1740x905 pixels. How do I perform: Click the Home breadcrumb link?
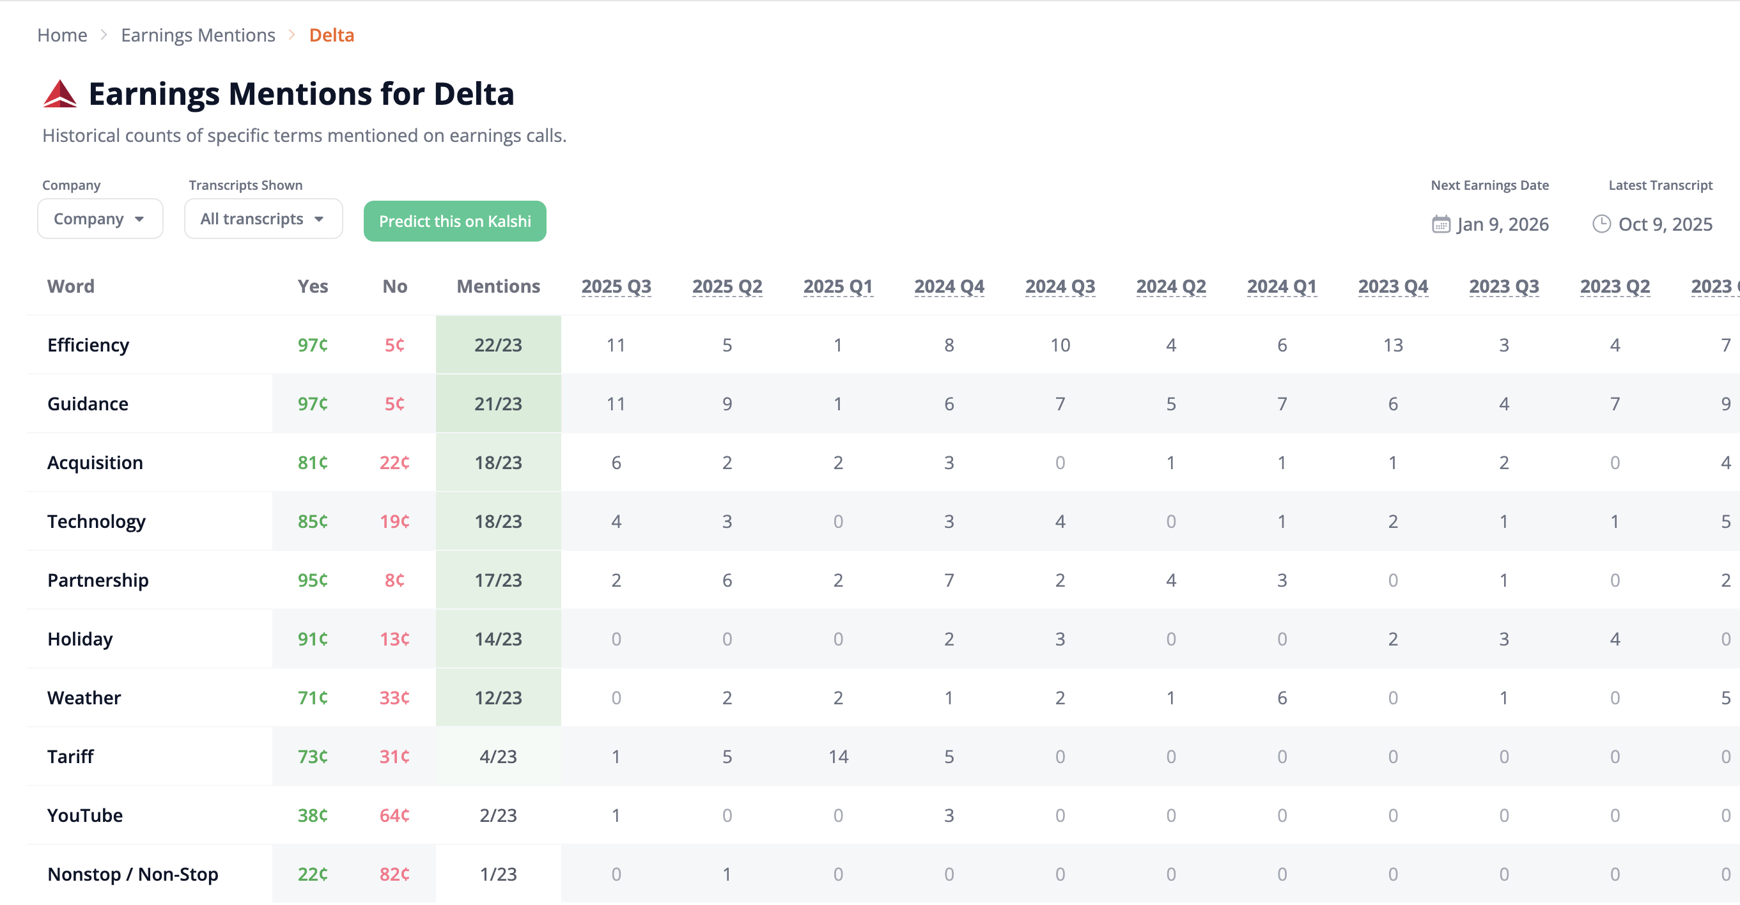62,35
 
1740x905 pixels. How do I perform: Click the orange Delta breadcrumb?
331,35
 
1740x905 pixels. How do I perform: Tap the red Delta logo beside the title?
60,94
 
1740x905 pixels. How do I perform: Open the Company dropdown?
100,219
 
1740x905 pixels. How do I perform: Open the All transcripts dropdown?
263,219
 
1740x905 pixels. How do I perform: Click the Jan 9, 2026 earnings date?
1502,224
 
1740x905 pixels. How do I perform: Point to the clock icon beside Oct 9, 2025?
1601,224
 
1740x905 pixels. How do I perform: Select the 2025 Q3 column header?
616,286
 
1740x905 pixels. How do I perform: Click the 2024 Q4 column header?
949,286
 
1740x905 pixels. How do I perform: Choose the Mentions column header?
498,286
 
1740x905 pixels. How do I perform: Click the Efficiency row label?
88,345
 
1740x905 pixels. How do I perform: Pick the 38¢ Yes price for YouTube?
313,815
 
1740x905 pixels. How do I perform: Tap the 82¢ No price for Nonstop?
394,874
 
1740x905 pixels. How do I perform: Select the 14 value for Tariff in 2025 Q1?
837,757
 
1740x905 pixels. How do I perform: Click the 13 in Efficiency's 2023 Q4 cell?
1392,345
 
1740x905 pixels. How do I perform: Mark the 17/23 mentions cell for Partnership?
498,580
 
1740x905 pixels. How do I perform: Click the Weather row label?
84,698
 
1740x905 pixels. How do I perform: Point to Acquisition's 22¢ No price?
394,463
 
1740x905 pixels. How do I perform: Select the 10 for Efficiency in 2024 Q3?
1060,345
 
